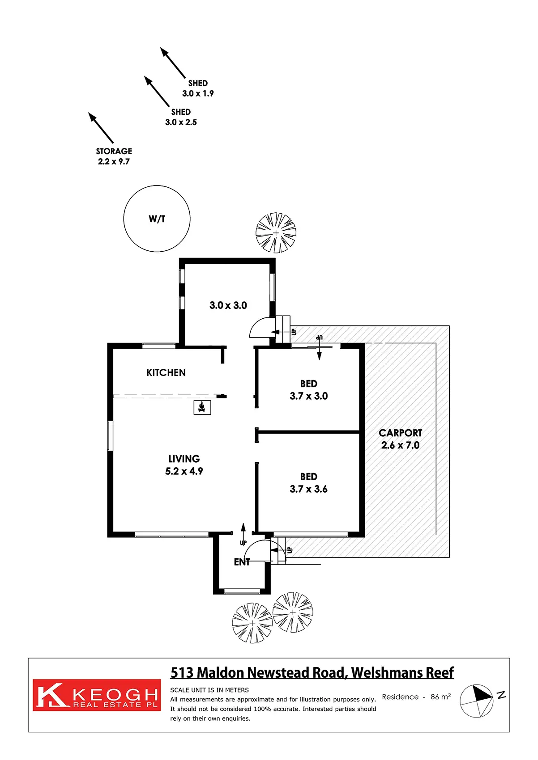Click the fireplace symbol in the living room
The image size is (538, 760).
[202, 407]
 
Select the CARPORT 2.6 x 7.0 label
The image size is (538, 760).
[400, 439]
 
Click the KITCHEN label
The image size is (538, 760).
[166, 372]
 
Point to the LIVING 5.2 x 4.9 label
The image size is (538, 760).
[184, 465]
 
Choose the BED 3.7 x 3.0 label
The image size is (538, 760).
[308, 390]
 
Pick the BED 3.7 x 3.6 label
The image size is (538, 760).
[308, 483]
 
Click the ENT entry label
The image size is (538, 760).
[242, 562]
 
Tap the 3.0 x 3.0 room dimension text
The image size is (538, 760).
[228, 305]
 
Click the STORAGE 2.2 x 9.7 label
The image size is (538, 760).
[114, 156]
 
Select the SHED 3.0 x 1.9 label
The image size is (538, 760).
[198, 88]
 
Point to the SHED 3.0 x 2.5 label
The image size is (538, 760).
[181, 117]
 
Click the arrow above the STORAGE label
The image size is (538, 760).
[101, 127]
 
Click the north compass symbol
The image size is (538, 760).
[477, 701]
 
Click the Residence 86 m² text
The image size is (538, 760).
[416, 697]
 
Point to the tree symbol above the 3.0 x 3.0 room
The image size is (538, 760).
[276, 233]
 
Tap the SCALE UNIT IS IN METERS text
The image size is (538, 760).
[209, 690]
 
